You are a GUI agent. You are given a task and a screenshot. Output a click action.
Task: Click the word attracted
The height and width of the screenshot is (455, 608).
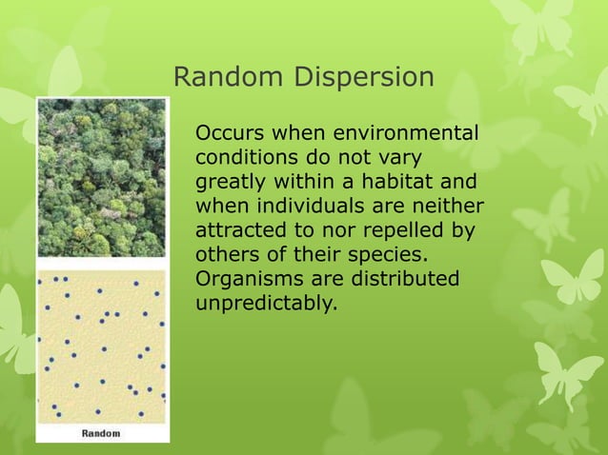tap(238, 230)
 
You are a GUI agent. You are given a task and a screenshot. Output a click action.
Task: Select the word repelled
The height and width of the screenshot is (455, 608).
tap(401, 230)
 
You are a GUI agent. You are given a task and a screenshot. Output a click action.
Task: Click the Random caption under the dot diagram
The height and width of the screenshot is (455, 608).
tap(100, 433)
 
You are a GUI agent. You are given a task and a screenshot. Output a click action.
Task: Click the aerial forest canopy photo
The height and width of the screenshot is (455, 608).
tap(101, 178)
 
